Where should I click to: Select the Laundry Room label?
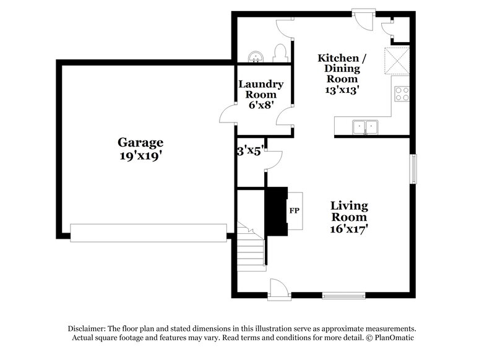coord(261,89)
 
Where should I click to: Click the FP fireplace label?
coord(295,211)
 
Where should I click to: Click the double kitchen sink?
coord(365,127)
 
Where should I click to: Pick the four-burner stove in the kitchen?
coord(402,94)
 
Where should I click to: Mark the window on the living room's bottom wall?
coord(340,296)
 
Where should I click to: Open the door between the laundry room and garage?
coord(228,114)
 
